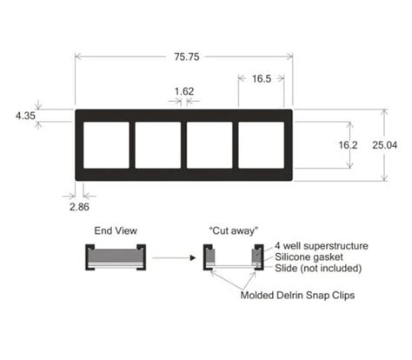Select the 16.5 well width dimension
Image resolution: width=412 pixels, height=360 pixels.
pos(262,77)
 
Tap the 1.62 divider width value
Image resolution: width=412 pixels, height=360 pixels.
pos(183,90)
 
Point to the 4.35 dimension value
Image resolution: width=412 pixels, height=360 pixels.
pos(26,115)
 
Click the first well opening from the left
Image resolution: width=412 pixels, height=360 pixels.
pos(104,145)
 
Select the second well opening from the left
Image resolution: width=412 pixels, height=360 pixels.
pos(157,145)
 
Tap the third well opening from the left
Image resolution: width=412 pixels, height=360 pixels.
pos(209,145)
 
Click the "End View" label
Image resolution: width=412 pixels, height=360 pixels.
pos(113,230)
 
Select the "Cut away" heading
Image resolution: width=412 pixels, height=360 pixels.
pos(234,230)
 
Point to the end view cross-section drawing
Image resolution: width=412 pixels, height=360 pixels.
pos(113,257)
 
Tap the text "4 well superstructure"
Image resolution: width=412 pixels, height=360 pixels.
pos(322,246)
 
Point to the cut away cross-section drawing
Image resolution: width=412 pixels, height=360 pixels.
pos(234,258)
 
